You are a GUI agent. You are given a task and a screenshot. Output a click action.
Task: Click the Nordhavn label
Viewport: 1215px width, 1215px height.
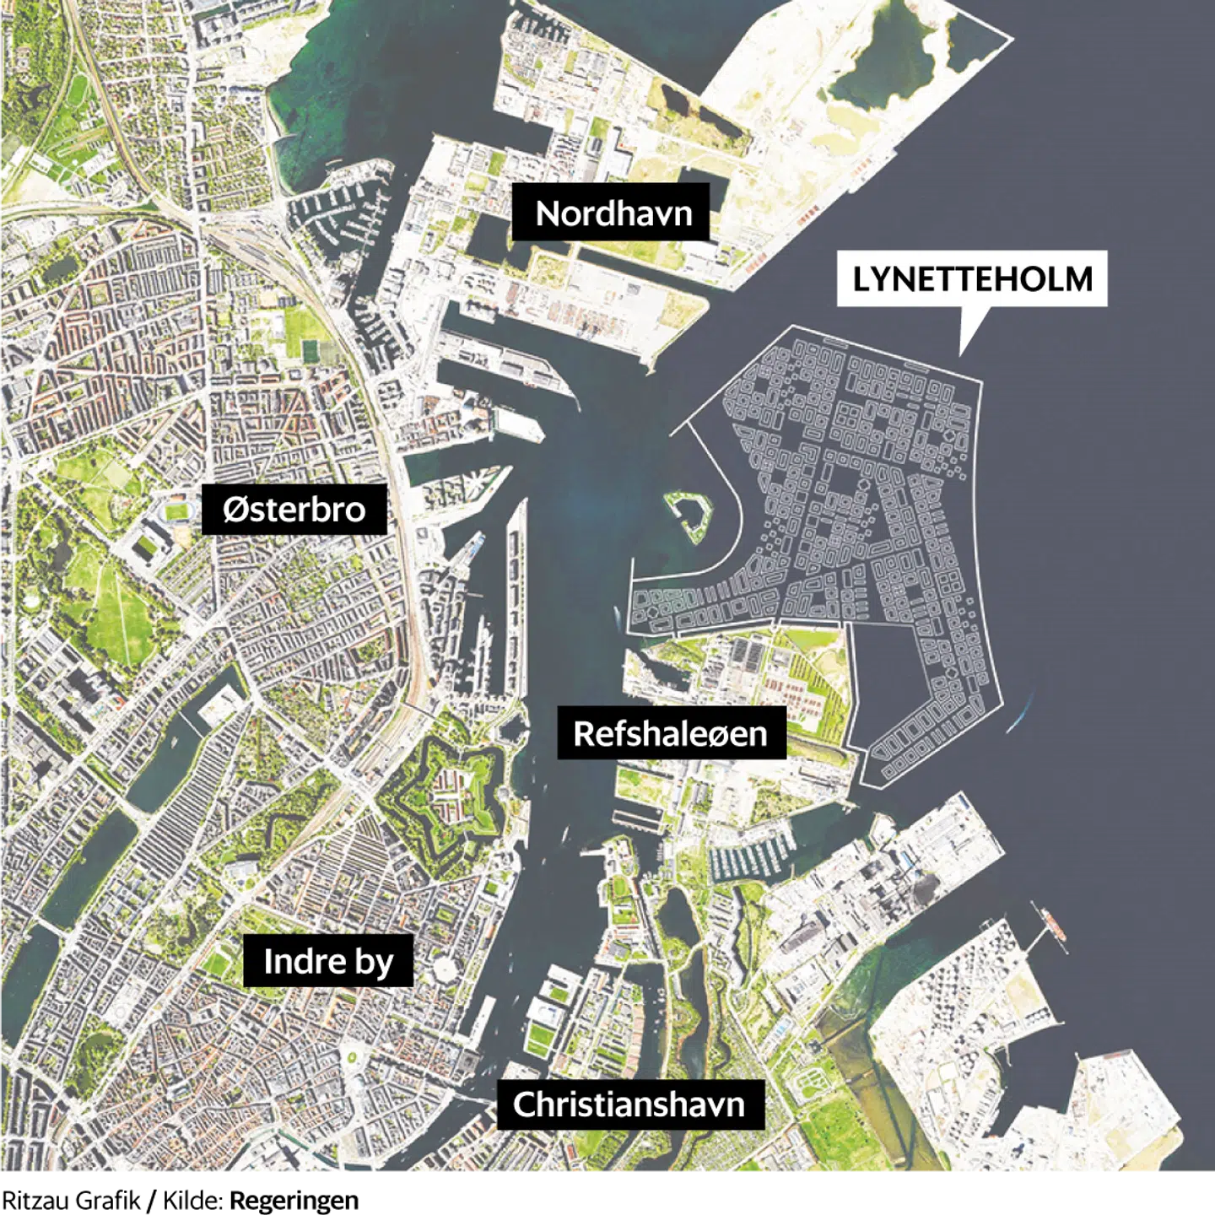coord(613,213)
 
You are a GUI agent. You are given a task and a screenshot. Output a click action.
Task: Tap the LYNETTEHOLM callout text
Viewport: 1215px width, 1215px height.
coord(972,279)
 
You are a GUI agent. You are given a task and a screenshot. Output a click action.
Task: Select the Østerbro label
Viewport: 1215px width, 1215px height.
coord(294,509)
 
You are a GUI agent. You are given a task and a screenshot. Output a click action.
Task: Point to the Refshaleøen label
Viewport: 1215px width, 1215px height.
coord(670,733)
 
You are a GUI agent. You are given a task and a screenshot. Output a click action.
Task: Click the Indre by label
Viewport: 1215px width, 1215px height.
coord(328,961)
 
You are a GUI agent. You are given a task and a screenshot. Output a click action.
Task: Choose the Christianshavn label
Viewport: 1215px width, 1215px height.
coord(629,1104)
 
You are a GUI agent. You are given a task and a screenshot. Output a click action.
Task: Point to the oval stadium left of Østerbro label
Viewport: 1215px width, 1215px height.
coord(177,510)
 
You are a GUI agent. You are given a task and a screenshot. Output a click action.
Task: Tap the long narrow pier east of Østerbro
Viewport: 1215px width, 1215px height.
coord(516,591)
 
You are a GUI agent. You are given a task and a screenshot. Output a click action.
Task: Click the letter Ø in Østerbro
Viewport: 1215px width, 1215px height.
coord(233,509)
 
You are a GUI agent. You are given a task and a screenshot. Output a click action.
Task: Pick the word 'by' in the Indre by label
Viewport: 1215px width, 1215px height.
coord(374,963)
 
